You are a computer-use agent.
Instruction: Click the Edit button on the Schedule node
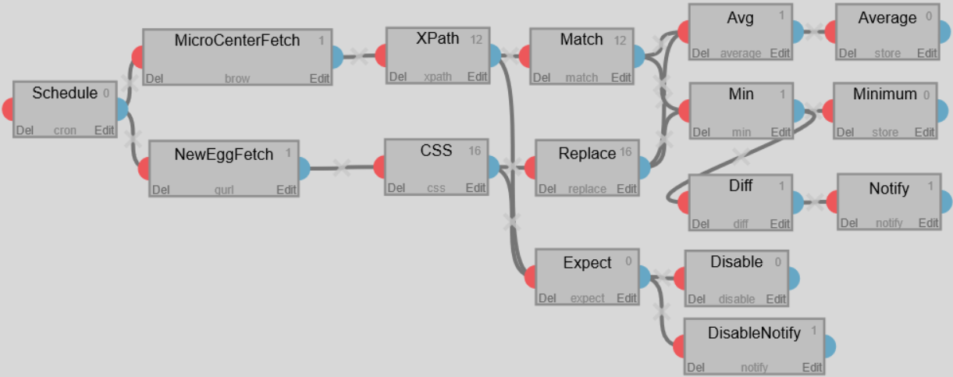(x=105, y=130)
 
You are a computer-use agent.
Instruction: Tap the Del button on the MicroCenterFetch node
(x=155, y=78)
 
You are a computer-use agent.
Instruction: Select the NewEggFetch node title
(x=223, y=155)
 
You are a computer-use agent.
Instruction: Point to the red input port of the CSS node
(x=380, y=167)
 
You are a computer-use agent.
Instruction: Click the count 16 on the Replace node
(x=626, y=153)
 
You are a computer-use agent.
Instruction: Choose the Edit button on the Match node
(x=621, y=77)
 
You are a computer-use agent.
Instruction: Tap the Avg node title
(x=740, y=18)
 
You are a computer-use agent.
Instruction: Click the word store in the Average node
(x=887, y=53)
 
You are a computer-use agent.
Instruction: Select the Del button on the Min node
(x=701, y=132)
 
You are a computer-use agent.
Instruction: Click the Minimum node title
(x=884, y=94)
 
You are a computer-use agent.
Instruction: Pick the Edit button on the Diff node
(x=780, y=224)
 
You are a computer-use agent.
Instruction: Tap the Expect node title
(x=587, y=263)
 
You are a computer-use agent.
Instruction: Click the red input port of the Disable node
(x=679, y=279)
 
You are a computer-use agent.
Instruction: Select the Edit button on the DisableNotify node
(x=812, y=367)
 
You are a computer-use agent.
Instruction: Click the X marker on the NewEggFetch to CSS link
(x=340, y=166)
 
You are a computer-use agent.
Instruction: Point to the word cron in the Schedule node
(x=65, y=130)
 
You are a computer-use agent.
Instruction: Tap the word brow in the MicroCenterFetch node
(x=236, y=78)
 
